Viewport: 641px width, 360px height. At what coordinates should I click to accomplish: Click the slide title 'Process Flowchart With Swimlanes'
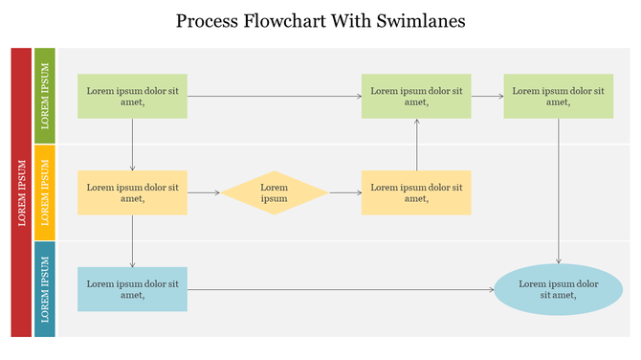(320, 20)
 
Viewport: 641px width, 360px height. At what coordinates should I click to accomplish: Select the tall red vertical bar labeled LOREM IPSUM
(21, 191)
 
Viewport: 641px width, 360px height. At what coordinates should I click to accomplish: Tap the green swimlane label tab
(45, 95)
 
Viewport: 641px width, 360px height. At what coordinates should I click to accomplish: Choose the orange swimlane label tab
(45, 191)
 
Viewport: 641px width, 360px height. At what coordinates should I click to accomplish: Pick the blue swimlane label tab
(45, 288)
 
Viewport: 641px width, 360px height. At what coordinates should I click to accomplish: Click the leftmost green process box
(132, 96)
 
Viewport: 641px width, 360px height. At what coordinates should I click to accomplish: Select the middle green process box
(416, 96)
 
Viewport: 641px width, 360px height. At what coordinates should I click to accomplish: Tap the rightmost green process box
(559, 96)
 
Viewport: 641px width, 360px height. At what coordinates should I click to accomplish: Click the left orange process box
(132, 192)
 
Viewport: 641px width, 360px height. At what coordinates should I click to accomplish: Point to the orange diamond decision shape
(275, 192)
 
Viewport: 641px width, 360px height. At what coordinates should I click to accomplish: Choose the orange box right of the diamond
(416, 192)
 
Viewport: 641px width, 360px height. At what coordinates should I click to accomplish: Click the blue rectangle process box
(132, 289)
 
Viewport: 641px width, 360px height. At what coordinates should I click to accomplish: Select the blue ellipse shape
(559, 289)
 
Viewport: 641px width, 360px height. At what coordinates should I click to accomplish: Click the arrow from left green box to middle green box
(275, 96)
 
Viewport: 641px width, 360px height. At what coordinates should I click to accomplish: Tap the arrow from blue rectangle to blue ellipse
(341, 289)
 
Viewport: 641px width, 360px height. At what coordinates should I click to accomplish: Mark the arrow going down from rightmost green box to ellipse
(559, 191)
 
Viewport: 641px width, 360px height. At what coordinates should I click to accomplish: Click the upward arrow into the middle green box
(416, 145)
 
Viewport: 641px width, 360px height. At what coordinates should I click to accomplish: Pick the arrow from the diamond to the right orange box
(344, 192)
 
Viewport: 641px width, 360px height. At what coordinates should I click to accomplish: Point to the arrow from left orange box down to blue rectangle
(132, 241)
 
